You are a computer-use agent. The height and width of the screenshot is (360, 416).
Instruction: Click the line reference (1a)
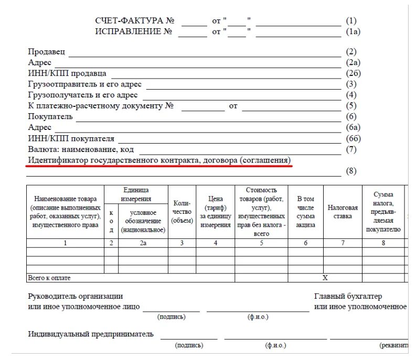point(353,31)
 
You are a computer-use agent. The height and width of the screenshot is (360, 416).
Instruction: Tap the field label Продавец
point(46,51)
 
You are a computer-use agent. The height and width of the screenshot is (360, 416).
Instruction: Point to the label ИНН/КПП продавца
point(67,73)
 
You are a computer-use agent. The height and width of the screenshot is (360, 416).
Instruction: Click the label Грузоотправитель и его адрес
point(84,84)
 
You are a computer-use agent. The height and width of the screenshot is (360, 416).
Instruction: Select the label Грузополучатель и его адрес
point(83,95)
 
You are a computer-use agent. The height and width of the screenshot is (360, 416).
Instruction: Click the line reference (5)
point(351,106)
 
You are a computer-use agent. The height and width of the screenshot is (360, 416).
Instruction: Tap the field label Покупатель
point(50,116)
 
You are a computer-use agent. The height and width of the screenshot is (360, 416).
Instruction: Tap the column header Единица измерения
point(136,194)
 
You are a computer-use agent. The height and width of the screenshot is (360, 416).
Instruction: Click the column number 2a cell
point(143,243)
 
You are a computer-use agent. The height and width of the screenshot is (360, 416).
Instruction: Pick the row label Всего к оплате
point(49,278)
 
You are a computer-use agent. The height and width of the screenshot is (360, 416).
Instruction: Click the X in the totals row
point(325,278)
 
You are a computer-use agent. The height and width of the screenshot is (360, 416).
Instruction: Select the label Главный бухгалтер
point(348,296)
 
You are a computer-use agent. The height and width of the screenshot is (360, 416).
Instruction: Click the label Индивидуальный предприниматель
point(91,334)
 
